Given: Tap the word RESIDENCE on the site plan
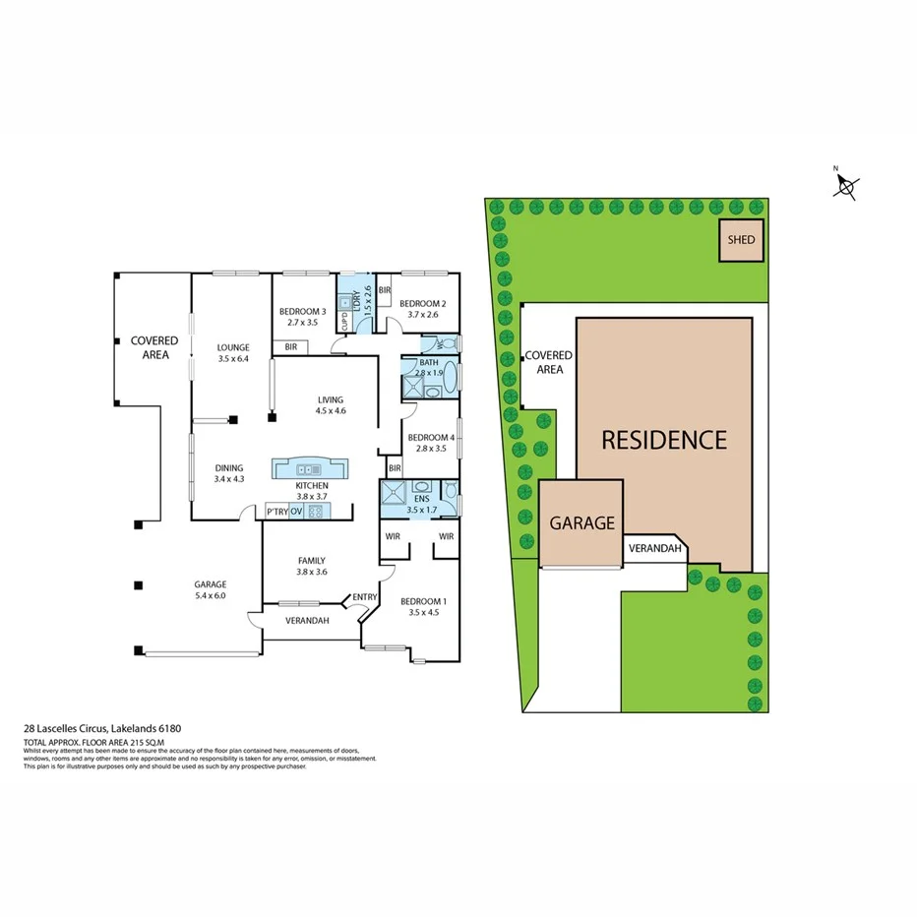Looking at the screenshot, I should click(664, 440).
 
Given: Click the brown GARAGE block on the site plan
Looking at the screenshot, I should click(581, 523).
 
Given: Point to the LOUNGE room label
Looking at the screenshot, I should click(233, 347).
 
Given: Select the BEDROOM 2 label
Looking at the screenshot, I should click(423, 304).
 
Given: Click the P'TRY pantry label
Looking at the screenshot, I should click(276, 512).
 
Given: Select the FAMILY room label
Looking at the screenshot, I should click(312, 561).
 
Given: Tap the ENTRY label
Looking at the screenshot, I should click(364, 597).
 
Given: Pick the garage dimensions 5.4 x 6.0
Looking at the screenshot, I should click(211, 595).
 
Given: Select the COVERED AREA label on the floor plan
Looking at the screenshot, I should click(154, 346).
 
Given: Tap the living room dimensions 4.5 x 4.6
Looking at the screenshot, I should click(331, 410).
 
